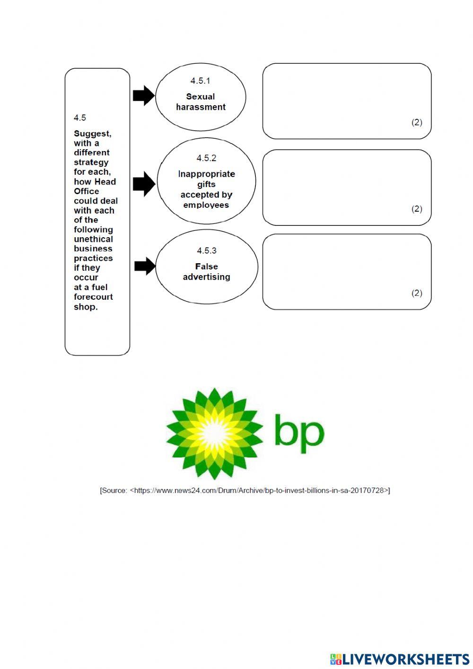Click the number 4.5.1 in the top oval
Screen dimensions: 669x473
200,81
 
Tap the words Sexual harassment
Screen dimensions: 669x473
201,102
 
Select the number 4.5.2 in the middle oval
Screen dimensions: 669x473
206,158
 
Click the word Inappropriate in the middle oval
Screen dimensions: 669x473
206,174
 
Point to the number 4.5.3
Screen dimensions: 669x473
207,250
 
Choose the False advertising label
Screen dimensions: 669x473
207,272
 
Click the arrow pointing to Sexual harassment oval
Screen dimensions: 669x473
144,96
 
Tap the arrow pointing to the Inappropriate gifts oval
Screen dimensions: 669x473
144,184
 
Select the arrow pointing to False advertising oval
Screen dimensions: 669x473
145,266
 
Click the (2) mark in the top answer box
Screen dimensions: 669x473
417,122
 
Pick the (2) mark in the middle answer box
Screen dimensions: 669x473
417,209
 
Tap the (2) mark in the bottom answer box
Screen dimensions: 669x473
417,293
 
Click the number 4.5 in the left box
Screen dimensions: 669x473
80,117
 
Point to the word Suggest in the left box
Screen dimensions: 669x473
92,134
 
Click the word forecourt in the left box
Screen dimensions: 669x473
93,297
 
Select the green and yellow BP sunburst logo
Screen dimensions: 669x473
215,433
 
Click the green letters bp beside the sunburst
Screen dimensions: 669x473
299,433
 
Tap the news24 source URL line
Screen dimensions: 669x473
245,491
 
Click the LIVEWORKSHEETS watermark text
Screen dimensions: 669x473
405,659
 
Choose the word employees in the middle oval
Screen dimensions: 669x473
206,205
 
